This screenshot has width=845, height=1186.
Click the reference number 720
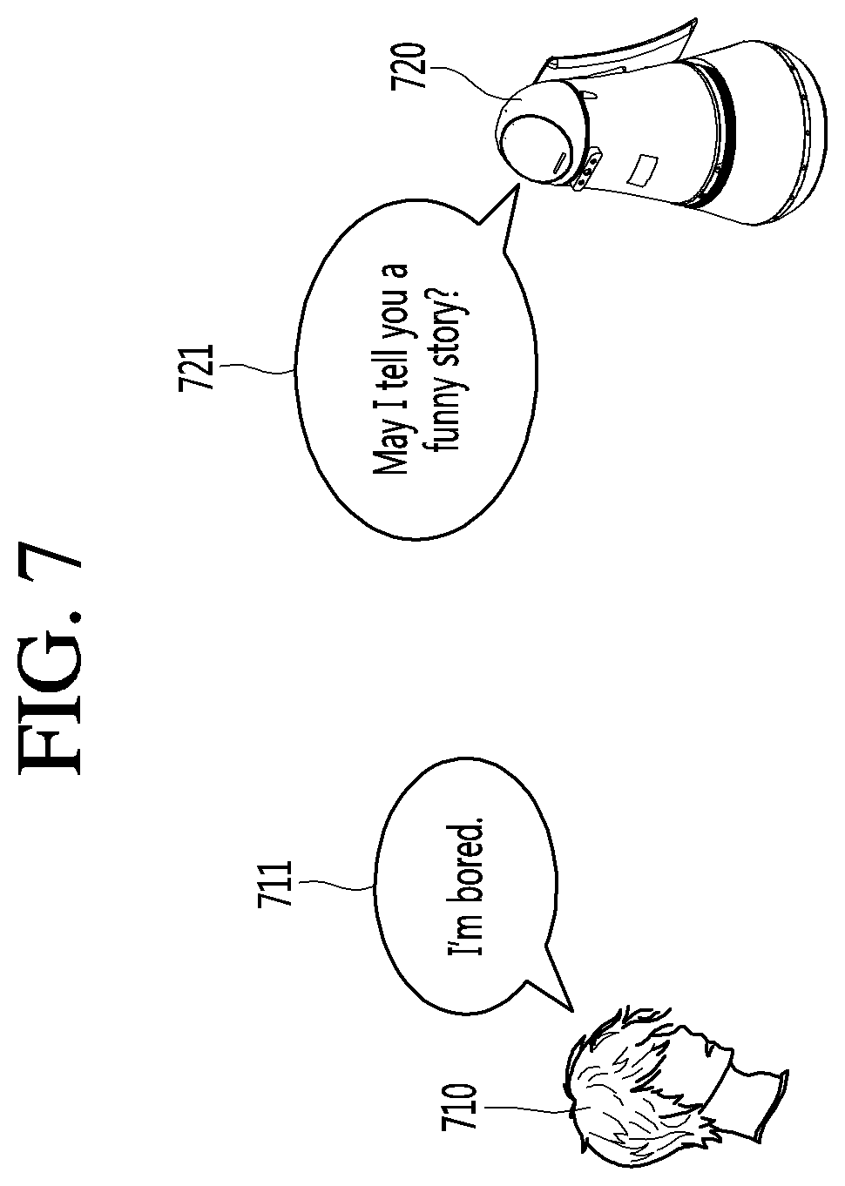(409, 67)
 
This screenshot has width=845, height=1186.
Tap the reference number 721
(195, 367)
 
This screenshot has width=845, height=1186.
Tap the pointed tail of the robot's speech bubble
(498, 216)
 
